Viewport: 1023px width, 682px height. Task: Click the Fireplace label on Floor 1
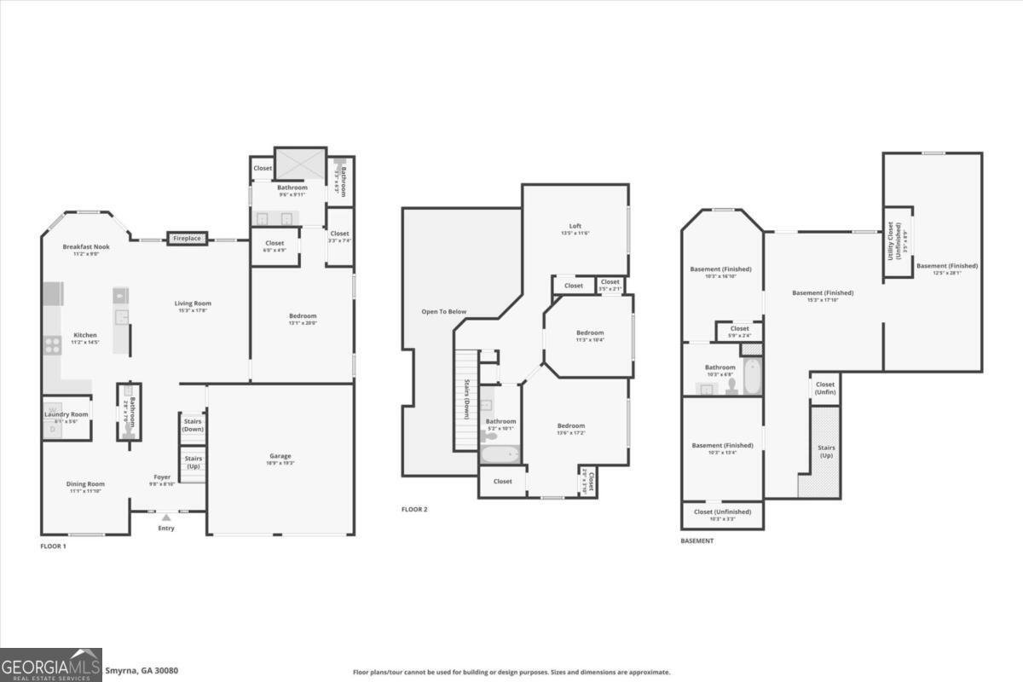(x=187, y=239)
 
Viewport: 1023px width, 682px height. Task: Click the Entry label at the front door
(x=166, y=528)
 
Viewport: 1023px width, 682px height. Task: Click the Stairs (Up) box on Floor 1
(x=193, y=463)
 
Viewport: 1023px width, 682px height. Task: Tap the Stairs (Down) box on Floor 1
(x=193, y=424)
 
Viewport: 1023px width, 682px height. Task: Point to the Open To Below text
(x=444, y=312)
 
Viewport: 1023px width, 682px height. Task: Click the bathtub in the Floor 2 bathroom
(x=500, y=452)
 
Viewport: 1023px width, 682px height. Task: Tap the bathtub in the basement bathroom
(x=752, y=377)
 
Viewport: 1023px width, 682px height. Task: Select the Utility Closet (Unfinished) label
(x=896, y=241)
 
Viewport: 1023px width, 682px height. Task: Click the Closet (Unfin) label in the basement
(x=825, y=388)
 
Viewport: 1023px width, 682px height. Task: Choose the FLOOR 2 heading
(x=414, y=510)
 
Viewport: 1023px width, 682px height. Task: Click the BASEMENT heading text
(x=697, y=540)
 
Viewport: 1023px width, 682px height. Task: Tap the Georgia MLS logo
(x=51, y=664)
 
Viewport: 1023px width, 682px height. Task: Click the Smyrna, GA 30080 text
(x=142, y=671)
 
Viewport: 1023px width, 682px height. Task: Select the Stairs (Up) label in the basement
(x=826, y=451)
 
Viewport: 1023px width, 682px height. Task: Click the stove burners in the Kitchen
(x=53, y=345)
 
